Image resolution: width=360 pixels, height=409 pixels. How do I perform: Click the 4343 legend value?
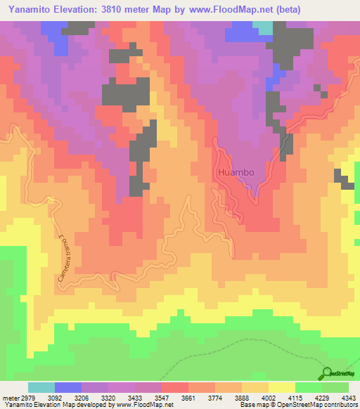coord(348,397)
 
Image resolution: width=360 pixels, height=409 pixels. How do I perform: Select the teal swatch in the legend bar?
coord(41,387)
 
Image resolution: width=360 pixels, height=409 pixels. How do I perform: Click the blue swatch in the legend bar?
coord(67,387)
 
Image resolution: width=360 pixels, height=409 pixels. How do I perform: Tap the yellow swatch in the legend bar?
coord(281,387)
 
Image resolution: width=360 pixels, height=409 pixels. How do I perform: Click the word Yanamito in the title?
coord(30,10)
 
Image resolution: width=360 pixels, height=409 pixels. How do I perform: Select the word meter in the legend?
coord(11,397)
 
